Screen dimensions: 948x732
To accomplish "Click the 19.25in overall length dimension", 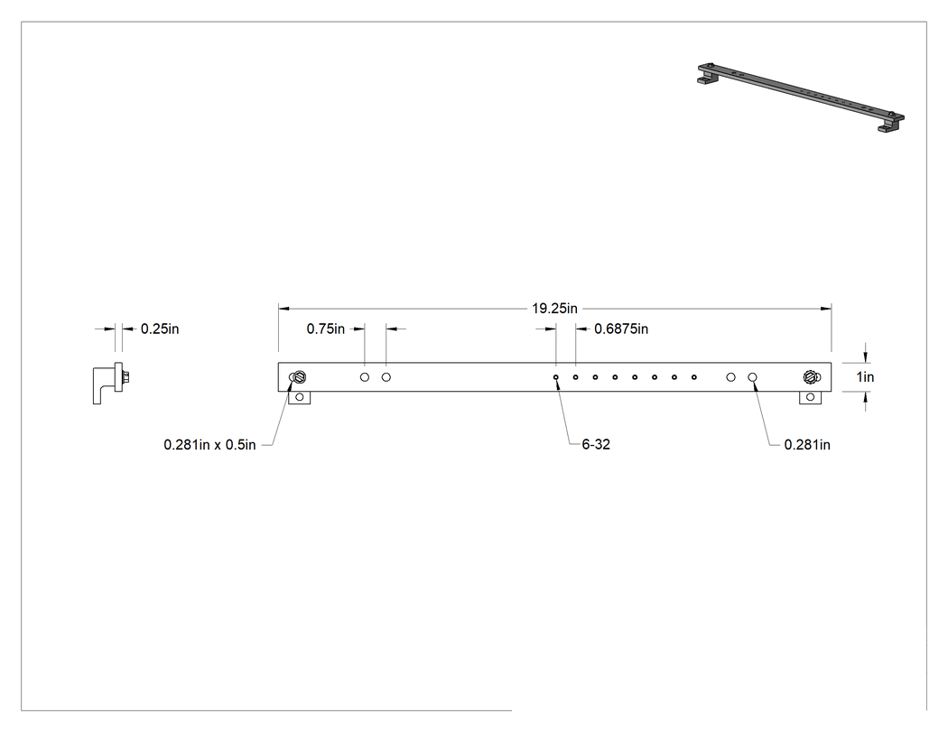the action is point(554,309).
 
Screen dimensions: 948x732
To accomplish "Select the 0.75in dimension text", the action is point(325,329).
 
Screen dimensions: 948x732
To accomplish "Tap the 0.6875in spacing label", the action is point(621,329).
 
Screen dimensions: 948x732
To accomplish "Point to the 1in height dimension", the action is point(865,377).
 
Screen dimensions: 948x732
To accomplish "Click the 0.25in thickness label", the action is point(160,329).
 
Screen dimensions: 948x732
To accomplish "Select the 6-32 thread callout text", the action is point(596,444).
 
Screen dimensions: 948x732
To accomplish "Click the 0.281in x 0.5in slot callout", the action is point(209,445).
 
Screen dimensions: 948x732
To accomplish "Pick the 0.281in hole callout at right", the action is point(807,445).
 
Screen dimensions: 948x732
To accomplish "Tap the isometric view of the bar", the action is point(801,97).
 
